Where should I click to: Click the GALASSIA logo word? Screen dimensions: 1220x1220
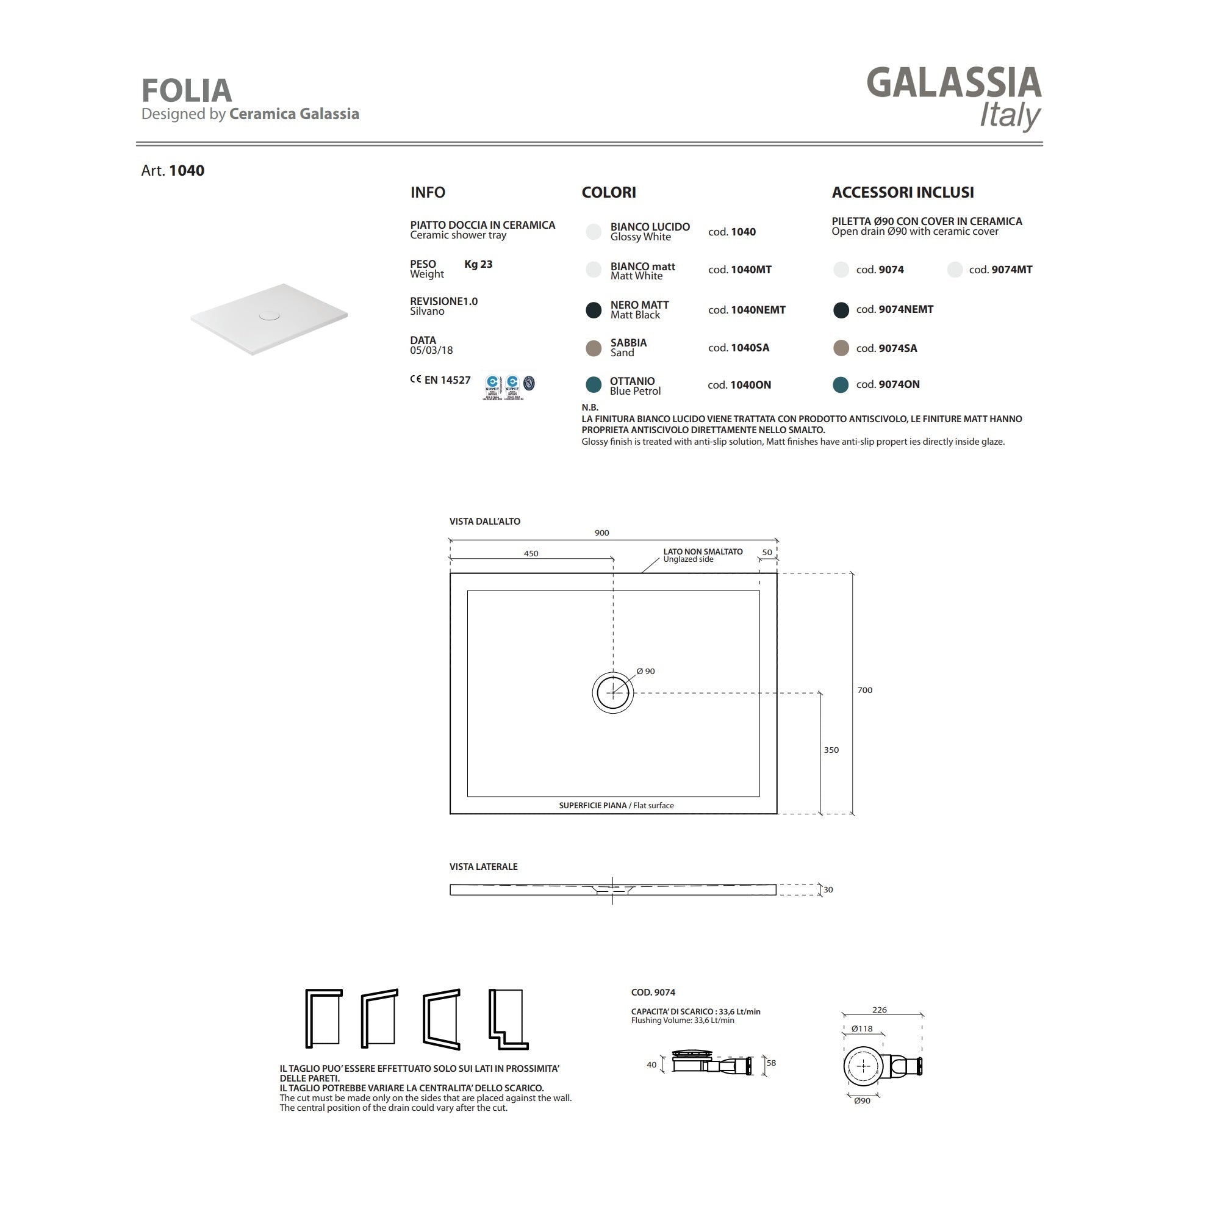pos(953,84)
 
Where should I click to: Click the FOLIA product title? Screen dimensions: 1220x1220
pos(186,90)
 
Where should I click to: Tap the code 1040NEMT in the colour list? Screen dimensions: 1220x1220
pos(757,310)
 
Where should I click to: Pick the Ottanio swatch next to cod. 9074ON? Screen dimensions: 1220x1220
pos(841,384)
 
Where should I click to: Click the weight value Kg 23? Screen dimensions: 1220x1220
pos(478,265)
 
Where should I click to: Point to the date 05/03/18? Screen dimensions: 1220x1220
pos(431,351)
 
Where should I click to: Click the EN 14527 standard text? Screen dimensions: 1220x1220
pos(447,380)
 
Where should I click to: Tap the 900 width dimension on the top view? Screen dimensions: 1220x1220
pos(602,533)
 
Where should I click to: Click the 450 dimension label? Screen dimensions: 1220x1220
pos(531,554)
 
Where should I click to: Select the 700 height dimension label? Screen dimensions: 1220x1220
pos(864,690)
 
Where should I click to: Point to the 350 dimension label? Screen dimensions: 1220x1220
pos(831,750)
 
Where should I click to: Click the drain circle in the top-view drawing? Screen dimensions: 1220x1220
pos(612,693)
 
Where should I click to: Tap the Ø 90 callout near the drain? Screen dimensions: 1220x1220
pos(646,671)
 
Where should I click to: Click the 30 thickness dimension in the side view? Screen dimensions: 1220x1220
pos(828,890)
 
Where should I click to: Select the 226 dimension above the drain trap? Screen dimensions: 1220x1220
pos(879,1010)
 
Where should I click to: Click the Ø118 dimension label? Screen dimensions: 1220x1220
pos(861,1028)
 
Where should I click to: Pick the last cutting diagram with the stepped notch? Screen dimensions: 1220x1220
pos(508,1020)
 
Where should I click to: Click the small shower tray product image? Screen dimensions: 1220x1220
pos(270,318)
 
